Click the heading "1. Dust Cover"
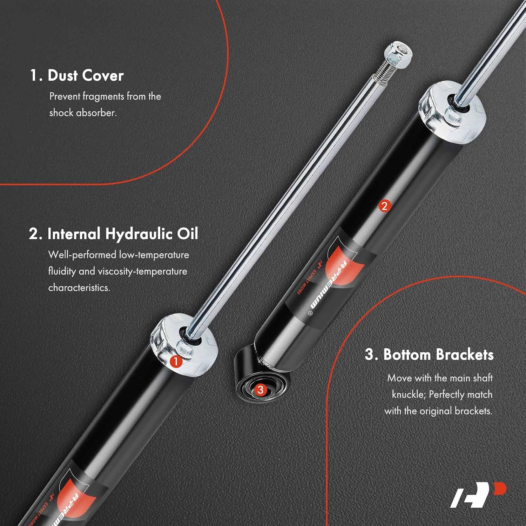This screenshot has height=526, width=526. (x=77, y=76)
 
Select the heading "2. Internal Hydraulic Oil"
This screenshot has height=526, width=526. (x=114, y=234)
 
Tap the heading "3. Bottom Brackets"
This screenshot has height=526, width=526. (x=429, y=355)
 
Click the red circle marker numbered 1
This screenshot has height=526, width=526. (x=176, y=362)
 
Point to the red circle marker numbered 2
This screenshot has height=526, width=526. (x=384, y=206)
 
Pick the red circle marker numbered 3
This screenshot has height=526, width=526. (x=260, y=390)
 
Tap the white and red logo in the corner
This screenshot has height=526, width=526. (x=478, y=495)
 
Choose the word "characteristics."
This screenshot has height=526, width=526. (x=79, y=288)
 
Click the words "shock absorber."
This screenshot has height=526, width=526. (x=83, y=113)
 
